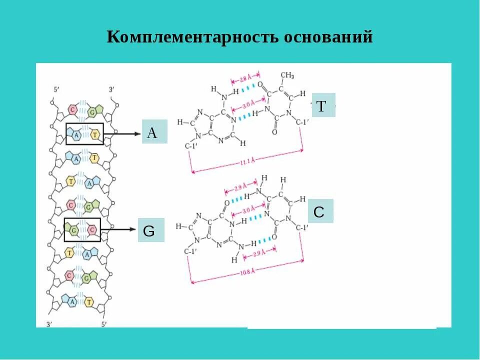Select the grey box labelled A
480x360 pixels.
click(154, 132)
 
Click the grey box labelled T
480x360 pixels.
click(323, 105)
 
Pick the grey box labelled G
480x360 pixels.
click(150, 230)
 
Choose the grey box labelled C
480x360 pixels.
click(320, 211)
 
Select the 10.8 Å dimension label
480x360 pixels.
click(246, 271)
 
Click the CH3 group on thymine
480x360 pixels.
click(287, 76)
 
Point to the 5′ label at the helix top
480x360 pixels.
click(56, 89)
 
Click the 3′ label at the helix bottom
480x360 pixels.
click(49, 324)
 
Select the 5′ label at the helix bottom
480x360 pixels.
click(104, 324)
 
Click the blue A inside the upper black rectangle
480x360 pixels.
click(76, 134)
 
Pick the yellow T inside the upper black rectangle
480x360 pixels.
click(94, 134)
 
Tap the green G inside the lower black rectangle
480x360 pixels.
click(73, 230)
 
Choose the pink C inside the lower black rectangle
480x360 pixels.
click(91, 229)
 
